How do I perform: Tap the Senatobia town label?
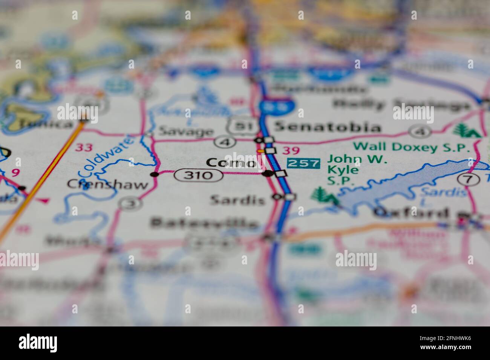coord(327,127)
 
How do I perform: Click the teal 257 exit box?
coord(303,163)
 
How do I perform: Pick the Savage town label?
coord(185,131)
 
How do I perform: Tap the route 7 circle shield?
coord(468,179)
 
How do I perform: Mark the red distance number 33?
coord(83,147)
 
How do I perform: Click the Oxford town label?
coord(411,213)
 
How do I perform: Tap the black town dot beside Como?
coord(268,173)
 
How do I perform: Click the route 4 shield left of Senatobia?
coord(225,142)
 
